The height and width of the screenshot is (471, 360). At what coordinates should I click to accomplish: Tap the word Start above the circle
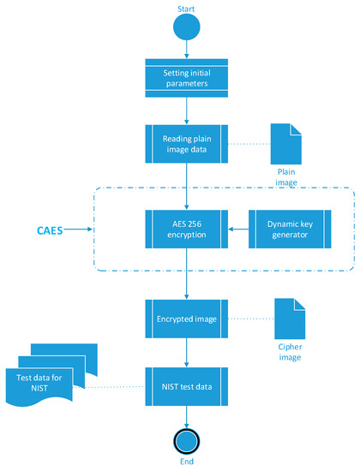coord(186,9)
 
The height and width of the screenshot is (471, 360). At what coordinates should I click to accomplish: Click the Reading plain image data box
coord(186,146)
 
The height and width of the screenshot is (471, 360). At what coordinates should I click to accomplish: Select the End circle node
coord(186,438)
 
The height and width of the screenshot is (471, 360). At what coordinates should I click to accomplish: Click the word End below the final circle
coord(186,462)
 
